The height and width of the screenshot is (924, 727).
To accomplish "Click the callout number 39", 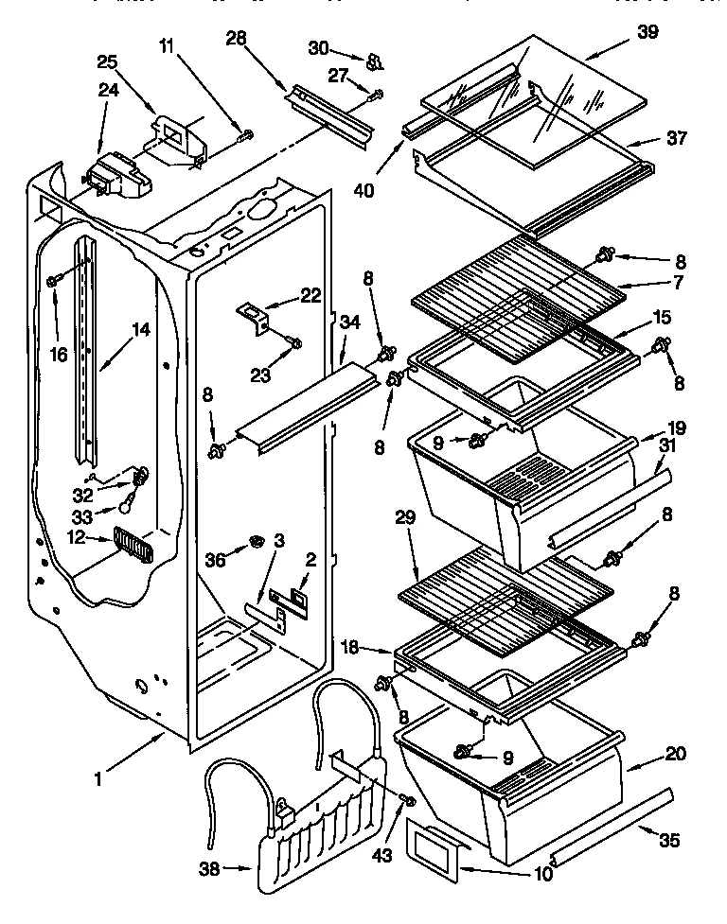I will pos(647,33).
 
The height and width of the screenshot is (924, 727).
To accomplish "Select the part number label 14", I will pos(140,331).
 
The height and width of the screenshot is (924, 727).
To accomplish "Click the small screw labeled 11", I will pos(247,136).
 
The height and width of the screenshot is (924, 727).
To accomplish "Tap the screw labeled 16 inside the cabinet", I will pos(55,280).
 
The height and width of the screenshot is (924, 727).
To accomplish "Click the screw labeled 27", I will pos(378,93).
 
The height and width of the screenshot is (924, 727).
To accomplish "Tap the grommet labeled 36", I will pos(256,541).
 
